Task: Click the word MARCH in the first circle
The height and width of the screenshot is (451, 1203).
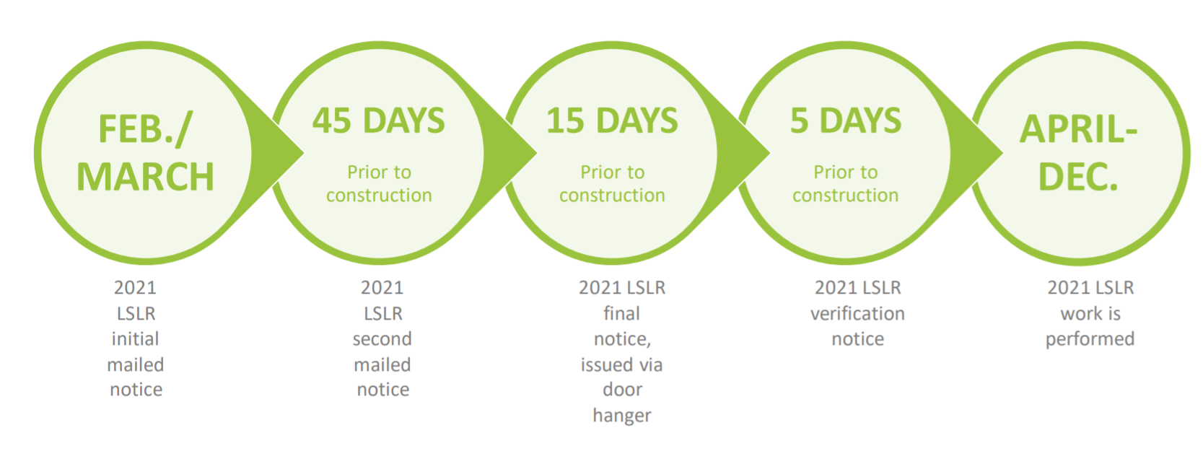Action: point(145,177)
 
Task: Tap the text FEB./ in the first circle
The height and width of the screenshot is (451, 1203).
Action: point(145,130)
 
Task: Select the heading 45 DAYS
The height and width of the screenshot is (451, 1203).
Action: point(379,121)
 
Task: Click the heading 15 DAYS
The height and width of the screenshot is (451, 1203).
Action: point(612,121)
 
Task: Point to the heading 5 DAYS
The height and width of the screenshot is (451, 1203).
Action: point(846,121)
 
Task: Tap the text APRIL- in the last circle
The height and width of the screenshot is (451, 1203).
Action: point(1078,130)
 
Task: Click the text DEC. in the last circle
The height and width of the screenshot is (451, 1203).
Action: point(1078,177)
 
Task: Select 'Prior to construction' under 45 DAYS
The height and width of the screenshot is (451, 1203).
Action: point(379,183)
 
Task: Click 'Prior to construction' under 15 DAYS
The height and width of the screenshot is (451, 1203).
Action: point(612,183)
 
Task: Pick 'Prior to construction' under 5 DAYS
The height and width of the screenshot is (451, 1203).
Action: point(846,183)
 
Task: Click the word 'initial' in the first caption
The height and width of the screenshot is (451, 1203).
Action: point(135,338)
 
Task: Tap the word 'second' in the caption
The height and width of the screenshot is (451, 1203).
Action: point(382,339)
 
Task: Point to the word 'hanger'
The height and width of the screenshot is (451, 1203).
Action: point(622,416)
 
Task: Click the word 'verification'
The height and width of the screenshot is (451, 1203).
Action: point(857,314)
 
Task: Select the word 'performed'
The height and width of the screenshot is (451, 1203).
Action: point(1090,339)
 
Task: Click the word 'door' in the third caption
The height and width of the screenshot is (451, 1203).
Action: point(622,390)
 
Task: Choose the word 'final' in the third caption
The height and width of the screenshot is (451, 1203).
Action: point(622,313)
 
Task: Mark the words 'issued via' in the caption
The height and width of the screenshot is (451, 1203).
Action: point(622,364)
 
